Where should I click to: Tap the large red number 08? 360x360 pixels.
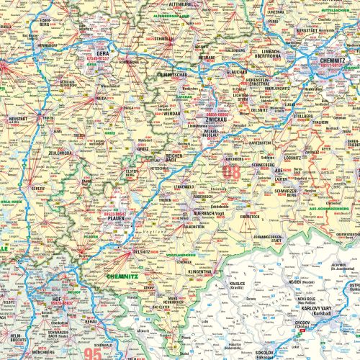(232, 171)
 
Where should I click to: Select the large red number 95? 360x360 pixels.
(93, 353)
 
